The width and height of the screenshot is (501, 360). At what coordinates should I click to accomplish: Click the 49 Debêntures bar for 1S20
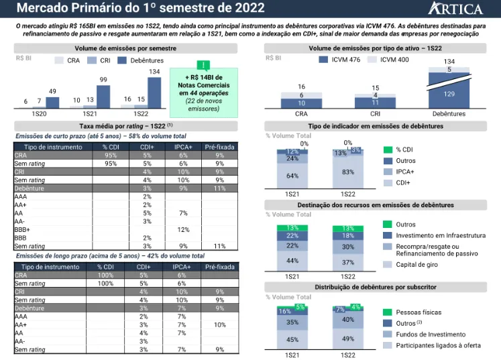[x=52, y=103]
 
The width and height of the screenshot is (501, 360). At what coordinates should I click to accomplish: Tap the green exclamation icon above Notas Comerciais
[x=203, y=65]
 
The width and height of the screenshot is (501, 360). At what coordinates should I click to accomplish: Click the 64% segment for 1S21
[x=292, y=176]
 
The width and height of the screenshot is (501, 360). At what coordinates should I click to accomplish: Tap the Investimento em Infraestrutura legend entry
[x=440, y=235]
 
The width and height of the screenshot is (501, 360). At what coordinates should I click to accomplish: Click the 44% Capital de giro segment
[x=292, y=261]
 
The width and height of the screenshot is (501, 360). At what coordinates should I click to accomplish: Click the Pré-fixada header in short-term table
[x=219, y=147]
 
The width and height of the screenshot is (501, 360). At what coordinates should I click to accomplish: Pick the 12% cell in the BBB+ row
[x=182, y=230]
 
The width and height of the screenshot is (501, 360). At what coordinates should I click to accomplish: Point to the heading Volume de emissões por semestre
[x=126, y=49]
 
